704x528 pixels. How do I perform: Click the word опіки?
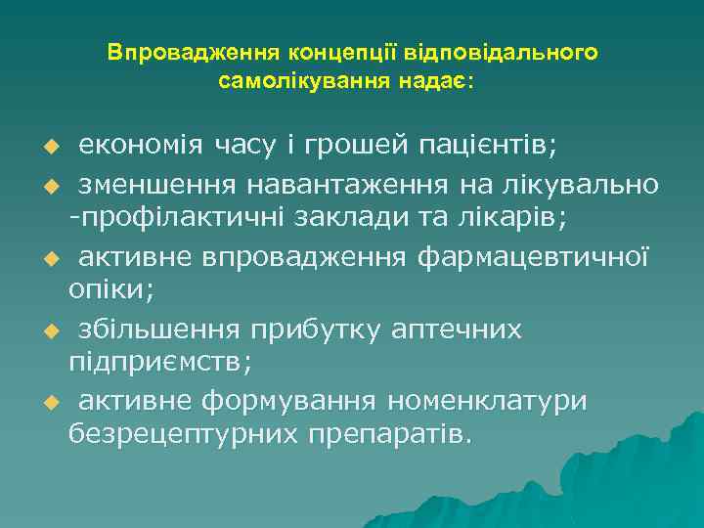pos(103,290)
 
